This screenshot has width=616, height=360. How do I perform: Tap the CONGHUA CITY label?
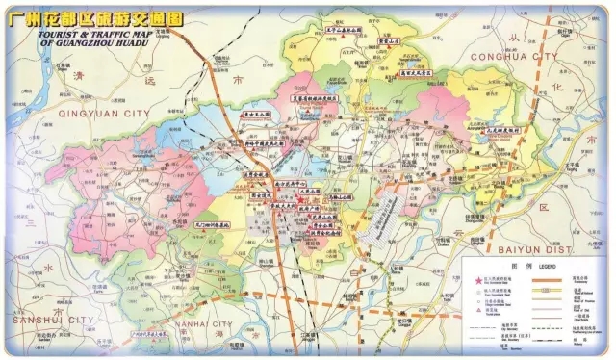pyautogui.click(x=513, y=57)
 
